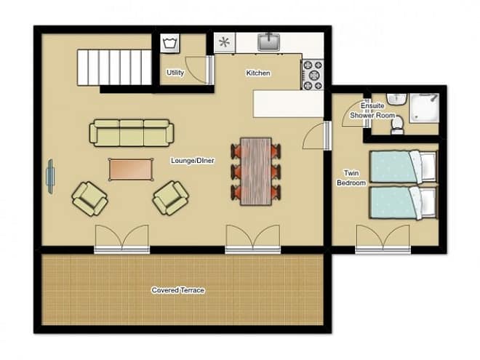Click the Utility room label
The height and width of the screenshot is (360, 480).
click(x=175, y=73)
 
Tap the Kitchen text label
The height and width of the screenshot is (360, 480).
click(x=258, y=73)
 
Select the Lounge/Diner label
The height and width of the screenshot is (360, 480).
click(x=193, y=161)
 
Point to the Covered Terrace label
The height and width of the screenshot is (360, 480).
click(x=178, y=290)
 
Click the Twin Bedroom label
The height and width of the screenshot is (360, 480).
click(x=351, y=178)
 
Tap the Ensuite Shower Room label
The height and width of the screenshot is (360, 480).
click(x=372, y=111)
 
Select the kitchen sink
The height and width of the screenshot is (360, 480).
click(x=268, y=42)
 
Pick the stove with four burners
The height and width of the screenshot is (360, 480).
click(x=313, y=74)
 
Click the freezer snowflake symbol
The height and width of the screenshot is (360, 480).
click(x=225, y=42)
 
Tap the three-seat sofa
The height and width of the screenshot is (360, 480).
click(x=132, y=132)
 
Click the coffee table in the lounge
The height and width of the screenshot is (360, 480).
click(x=131, y=169)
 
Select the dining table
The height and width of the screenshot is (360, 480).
click(x=256, y=172)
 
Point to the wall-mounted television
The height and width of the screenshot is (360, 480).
click(x=50, y=176)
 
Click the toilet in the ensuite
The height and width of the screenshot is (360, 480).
click(x=398, y=127)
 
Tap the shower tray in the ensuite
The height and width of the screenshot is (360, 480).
click(x=425, y=108)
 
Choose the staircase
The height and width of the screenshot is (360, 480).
click(x=114, y=68)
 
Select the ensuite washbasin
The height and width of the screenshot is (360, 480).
click(x=396, y=99)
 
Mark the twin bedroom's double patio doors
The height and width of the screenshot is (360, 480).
click(x=383, y=239)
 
